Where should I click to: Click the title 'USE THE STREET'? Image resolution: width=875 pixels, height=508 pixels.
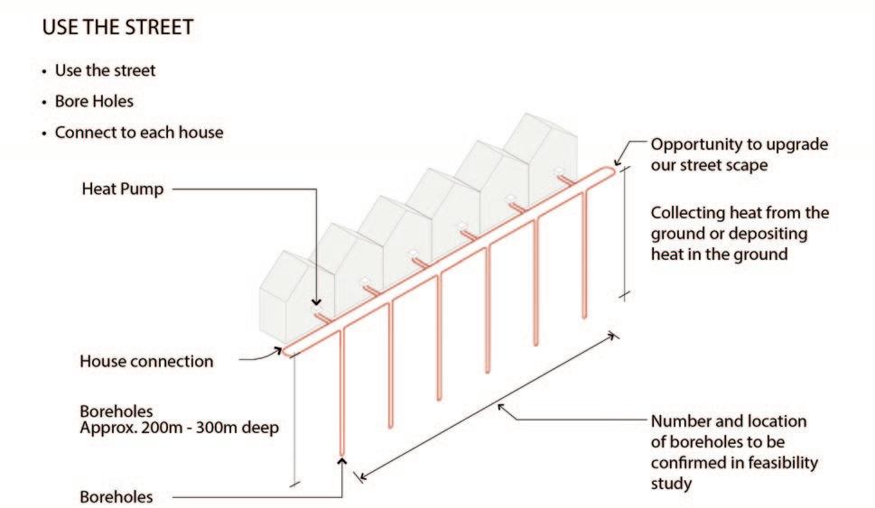click(x=117, y=27)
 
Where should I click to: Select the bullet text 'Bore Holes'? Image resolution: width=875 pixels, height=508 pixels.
click(x=95, y=101)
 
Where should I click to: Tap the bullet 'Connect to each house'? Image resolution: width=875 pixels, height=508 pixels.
click(x=139, y=132)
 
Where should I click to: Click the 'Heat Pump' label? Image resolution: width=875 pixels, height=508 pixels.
click(x=122, y=189)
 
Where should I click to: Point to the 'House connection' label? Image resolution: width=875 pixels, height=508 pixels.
click(x=146, y=362)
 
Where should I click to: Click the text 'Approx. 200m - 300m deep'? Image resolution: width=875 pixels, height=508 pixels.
click(x=180, y=427)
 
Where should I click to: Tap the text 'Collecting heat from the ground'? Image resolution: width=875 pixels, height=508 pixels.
click(x=740, y=223)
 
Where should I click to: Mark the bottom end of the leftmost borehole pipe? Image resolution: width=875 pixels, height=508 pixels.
click(x=341, y=454)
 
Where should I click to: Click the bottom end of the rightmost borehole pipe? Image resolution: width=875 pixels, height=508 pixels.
click(x=584, y=315)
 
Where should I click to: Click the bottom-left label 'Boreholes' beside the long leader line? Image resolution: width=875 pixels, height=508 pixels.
click(x=116, y=497)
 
